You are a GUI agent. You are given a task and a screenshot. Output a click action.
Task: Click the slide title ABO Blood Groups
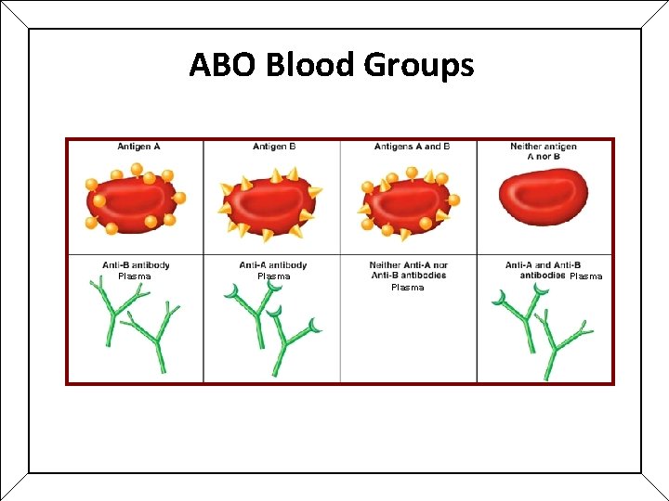click(332, 65)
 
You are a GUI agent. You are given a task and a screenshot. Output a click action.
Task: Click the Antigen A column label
click(138, 147)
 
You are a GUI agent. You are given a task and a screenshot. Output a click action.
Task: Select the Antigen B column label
click(275, 147)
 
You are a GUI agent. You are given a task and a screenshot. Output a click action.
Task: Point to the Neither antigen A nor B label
click(544, 151)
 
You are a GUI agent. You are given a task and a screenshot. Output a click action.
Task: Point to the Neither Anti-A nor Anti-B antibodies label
click(408, 270)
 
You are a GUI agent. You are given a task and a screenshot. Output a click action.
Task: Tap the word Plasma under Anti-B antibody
click(134, 276)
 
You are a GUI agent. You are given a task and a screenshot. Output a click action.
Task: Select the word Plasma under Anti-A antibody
click(273, 276)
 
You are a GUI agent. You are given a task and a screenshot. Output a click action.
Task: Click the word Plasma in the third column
click(407, 288)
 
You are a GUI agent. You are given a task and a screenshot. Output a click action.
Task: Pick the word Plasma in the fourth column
click(585, 276)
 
